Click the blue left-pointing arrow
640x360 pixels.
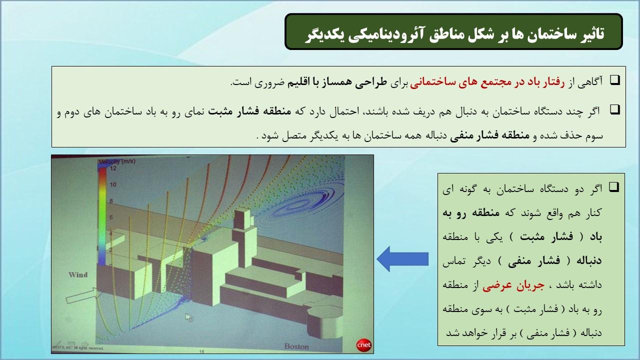[x=402, y=259]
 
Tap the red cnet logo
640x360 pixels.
[x=363, y=345]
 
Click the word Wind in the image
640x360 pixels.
[x=78, y=275]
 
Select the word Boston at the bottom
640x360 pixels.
[x=296, y=346]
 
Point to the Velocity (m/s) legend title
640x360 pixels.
[x=117, y=161]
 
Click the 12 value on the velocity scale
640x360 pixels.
[x=113, y=168]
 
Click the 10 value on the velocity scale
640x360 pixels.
[x=113, y=184]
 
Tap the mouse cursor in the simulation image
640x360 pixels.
[x=188, y=317]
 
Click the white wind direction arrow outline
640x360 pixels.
[x=82, y=295]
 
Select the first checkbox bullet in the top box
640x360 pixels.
[x=615, y=80]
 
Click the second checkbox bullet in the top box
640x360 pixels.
[x=615, y=109]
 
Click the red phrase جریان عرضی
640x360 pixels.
[x=513, y=285]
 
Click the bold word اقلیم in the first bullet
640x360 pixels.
[x=298, y=83]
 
